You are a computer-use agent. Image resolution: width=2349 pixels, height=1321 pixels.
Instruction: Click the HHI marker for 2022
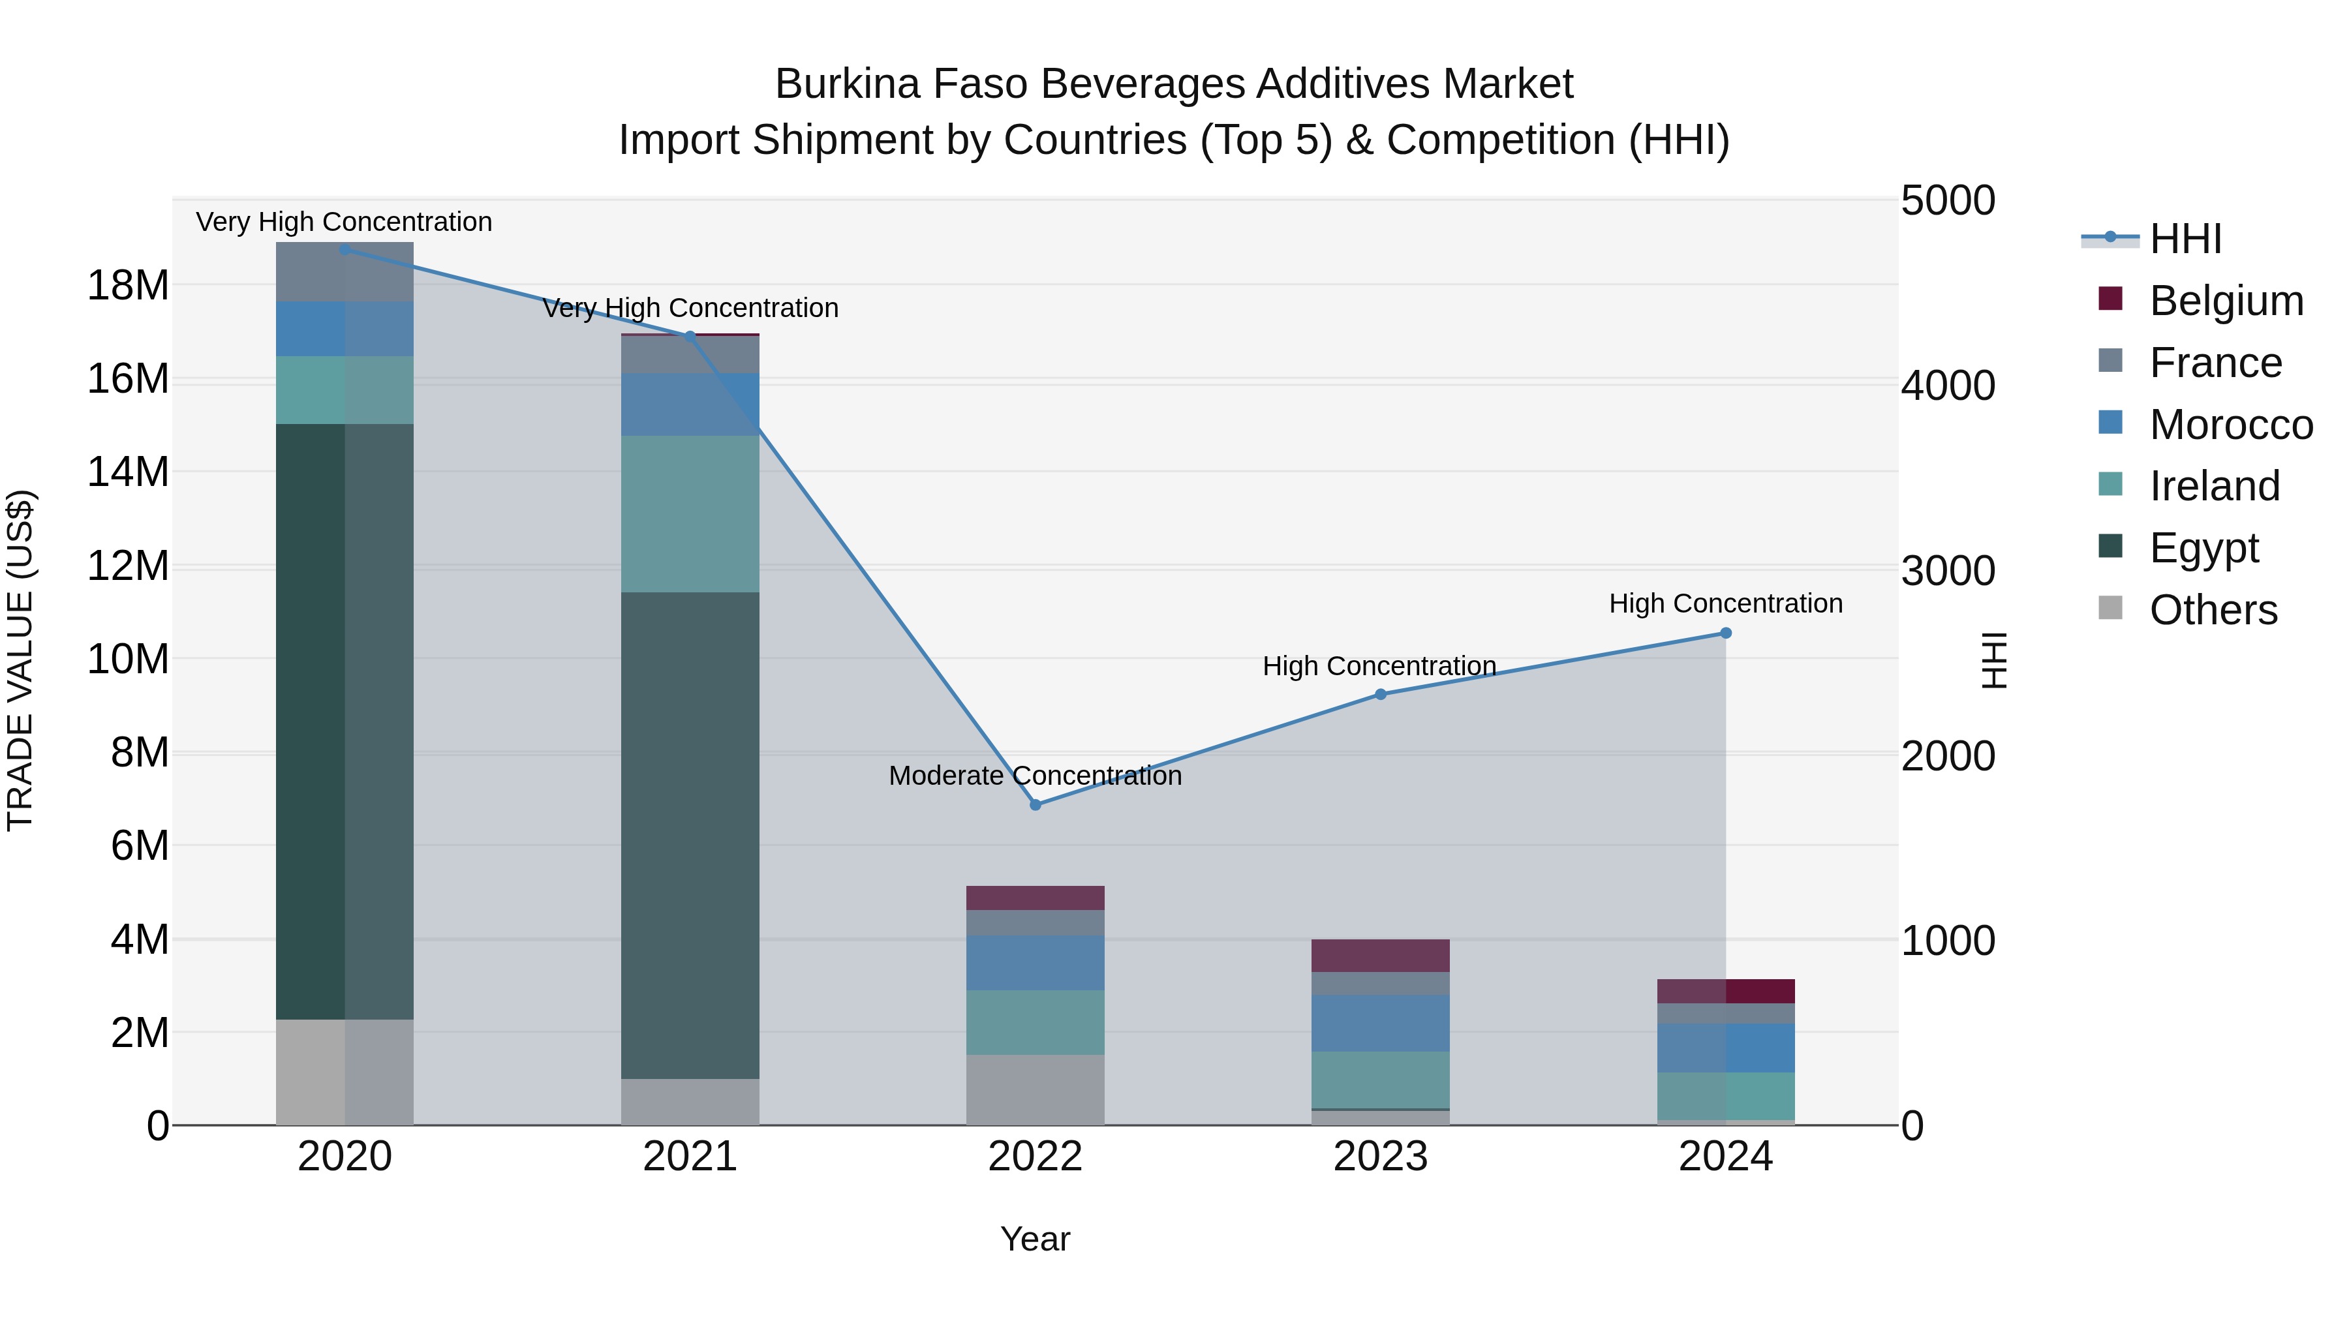1035,805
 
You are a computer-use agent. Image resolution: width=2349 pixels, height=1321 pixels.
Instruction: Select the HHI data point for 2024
1725,633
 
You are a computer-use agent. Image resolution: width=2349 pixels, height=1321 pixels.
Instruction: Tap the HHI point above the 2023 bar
1379,695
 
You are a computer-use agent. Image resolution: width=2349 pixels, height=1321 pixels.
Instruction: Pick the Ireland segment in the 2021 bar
690,513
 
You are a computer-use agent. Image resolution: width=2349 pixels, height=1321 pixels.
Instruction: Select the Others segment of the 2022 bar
1035,1089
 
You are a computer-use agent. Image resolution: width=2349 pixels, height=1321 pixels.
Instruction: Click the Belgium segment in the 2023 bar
1379,956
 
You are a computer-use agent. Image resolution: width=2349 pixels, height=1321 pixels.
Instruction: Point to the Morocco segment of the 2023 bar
1379,1023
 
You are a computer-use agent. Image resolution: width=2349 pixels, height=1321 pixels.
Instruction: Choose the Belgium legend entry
2226,301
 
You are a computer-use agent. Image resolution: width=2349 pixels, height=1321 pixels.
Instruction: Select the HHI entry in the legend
2185,239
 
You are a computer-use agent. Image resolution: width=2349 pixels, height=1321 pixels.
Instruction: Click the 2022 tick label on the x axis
1035,1157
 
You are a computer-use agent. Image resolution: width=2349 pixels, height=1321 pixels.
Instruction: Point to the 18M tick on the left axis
128,285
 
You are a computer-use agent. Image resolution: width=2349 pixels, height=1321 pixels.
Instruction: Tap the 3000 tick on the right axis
1948,571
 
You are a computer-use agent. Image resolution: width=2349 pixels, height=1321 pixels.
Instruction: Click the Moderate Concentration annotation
1035,776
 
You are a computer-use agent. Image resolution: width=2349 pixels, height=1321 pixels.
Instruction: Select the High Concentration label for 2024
1725,603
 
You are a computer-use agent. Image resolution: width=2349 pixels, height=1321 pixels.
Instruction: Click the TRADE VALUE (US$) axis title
20,660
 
